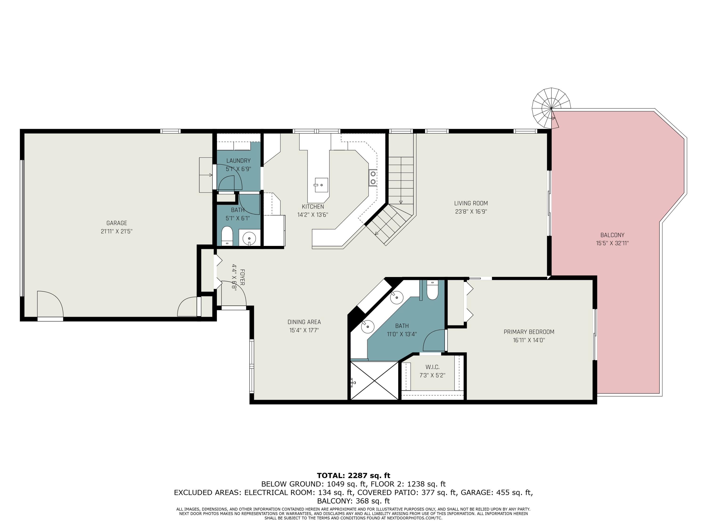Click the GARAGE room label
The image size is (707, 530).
point(117,223)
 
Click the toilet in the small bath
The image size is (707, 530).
point(227,236)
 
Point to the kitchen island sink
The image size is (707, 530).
point(321,185)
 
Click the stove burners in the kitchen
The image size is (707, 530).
point(373,178)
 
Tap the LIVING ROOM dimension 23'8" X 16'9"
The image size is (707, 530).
point(471,212)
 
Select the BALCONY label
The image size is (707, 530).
point(612,235)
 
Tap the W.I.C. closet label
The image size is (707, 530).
point(432,367)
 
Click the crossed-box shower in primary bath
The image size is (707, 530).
point(374,380)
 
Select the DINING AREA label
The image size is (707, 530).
point(304,322)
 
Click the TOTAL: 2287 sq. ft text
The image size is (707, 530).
point(353,476)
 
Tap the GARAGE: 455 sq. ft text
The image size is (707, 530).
point(496,493)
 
